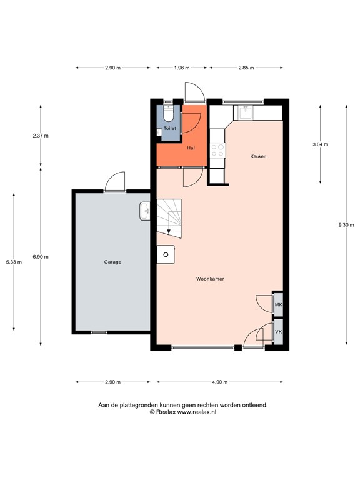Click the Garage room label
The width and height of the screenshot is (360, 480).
(x=112, y=262)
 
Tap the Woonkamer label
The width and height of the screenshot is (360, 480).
(x=210, y=279)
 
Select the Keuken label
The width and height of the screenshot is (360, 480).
(x=258, y=156)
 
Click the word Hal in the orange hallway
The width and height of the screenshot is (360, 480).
(x=191, y=148)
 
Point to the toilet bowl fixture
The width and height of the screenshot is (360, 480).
(x=168, y=113)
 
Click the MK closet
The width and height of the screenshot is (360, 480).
(x=278, y=304)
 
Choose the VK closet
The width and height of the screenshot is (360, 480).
(x=278, y=332)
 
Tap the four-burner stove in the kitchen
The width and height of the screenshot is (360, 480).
(x=217, y=150)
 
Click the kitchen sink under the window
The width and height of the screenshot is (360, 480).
(x=246, y=112)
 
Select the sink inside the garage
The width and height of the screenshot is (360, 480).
(x=145, y=211)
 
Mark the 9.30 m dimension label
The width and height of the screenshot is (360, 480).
(x=346, y=225)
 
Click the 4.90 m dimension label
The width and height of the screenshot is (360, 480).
(x=220, y=382)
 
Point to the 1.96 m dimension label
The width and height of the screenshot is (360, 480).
(x=182, y=67)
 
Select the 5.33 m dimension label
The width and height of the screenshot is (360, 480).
(x=14, y=262)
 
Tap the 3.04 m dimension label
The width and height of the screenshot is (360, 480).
(x=321, y=144)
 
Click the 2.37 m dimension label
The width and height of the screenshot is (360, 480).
(x=41, y=136)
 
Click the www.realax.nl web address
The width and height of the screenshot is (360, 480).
(x=197, y=412)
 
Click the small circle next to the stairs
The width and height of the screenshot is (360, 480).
(x=166, y=254)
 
